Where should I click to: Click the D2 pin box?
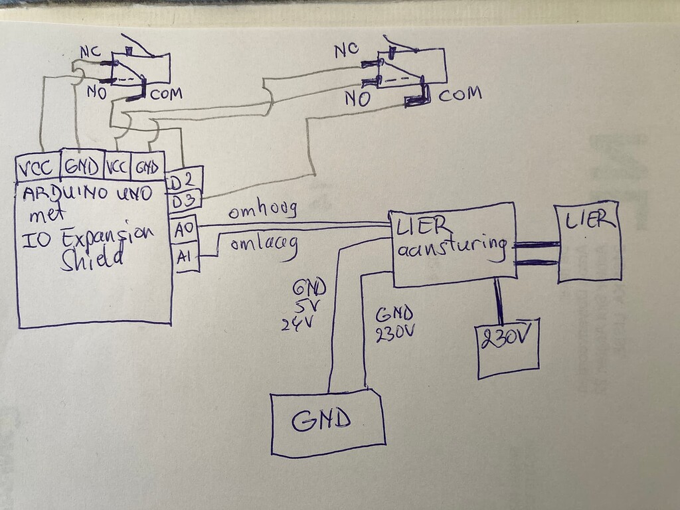point(184,179)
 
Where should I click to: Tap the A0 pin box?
point(184,229)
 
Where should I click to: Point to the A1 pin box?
point(184,257)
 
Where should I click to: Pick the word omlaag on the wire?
point(264,244)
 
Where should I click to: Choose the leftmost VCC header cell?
point(37,167)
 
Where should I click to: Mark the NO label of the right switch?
point(357,99)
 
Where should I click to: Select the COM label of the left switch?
point(165,94)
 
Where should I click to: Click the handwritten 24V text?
point(297,323)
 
